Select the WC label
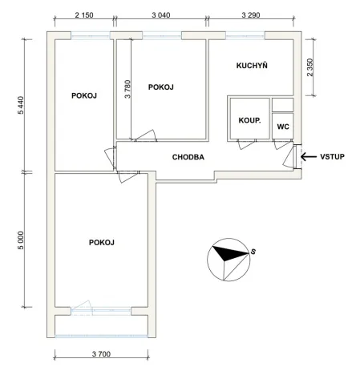click(282, 127)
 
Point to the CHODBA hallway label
click(188, 158)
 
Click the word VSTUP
click(332, 157)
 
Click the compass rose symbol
click(227, 256)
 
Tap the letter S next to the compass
click(253, 252)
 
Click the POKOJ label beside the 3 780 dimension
click(162, 87)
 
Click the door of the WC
click(281, 146)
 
